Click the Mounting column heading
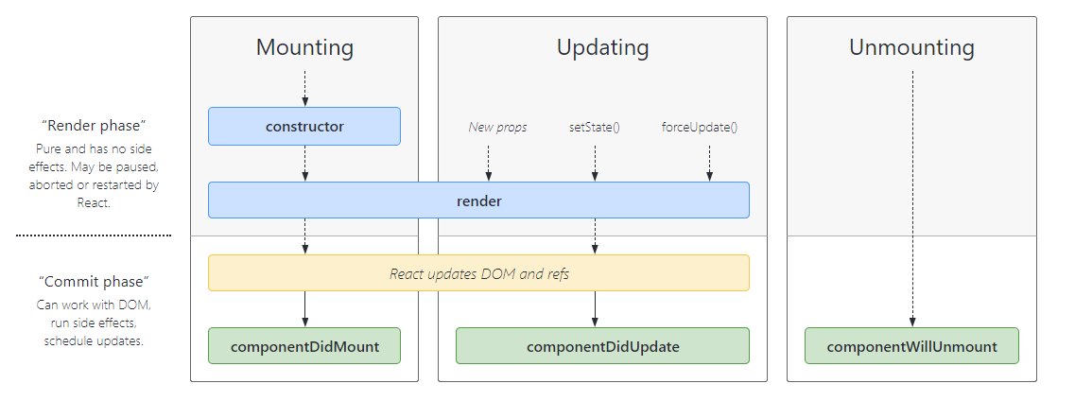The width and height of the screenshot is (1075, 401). [x=304, y=47]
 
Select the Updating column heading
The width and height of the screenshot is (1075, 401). [x=602, y=47]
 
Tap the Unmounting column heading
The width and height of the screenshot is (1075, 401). [x=911, y=47]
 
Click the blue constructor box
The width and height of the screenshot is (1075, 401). [x=304, y=126]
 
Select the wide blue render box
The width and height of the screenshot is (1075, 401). [x=478, y=200]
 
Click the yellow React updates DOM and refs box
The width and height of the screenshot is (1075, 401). [x=478, y=273]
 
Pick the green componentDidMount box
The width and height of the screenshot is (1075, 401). [x=304, y=346]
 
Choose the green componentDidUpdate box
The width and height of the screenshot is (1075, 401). [x=602, y=346]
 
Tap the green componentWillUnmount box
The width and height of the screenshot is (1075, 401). [x=911, y=346]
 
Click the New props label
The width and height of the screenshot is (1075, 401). [x=497, y=127]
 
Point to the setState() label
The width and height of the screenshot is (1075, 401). [x=594, y=127]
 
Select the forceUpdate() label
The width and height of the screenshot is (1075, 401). [x=699, y=127]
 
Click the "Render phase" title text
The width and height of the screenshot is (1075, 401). [x=93, y=126]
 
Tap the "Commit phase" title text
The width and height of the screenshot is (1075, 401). [x=93, y=282]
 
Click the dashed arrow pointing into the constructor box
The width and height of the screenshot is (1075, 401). [x=304, y=87]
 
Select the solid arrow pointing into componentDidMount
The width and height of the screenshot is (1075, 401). [x=304, y=309]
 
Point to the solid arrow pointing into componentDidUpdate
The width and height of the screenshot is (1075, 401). [x=595, y=309]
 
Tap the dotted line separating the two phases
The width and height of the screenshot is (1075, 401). [x=93, y=235]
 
